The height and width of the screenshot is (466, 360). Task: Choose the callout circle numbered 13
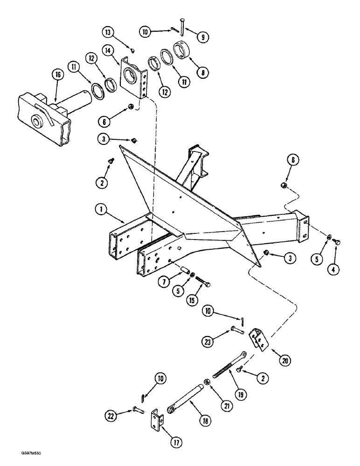coord(109,32)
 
